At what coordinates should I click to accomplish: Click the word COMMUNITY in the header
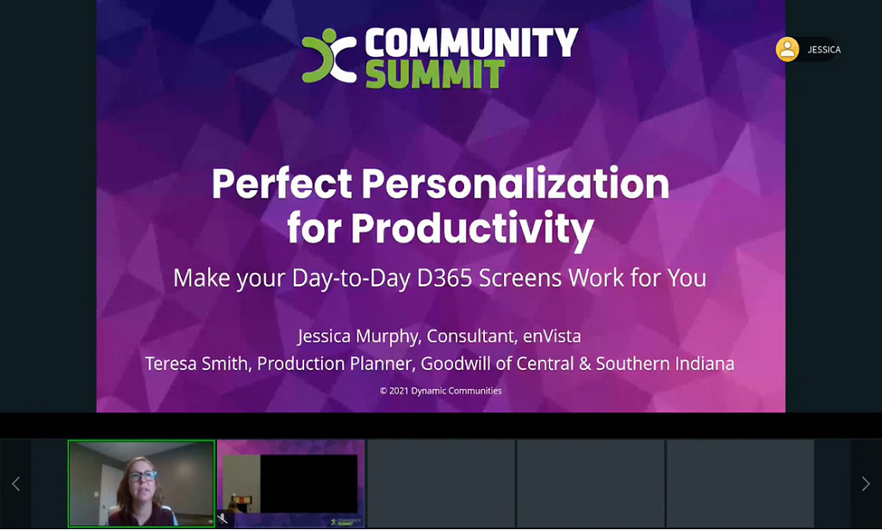[x=470, y=41]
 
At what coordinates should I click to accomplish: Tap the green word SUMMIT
[x=434, y=75]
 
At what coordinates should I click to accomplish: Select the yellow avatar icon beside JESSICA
[x=787, y=50]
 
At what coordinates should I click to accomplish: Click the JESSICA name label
[x=823, y=50]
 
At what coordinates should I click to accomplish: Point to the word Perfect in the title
[x=281, y=183]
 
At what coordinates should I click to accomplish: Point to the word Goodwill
[x=458, y=363]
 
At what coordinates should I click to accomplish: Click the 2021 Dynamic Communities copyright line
[x=440, y=391]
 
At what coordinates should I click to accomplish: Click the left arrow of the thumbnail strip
[x=16, y=484]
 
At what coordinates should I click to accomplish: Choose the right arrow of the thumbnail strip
[x=866, y=484]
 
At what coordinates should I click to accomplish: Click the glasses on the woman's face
[x=142, y=475]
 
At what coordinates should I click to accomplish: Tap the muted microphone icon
[x=223, y=519]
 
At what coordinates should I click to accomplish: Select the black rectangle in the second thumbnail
[x=308, y=484]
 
